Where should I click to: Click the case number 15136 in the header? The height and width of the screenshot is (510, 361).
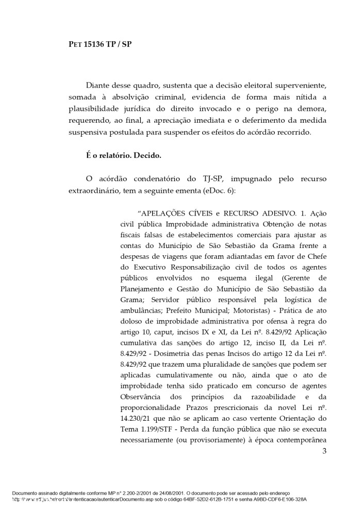click(95, 44)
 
